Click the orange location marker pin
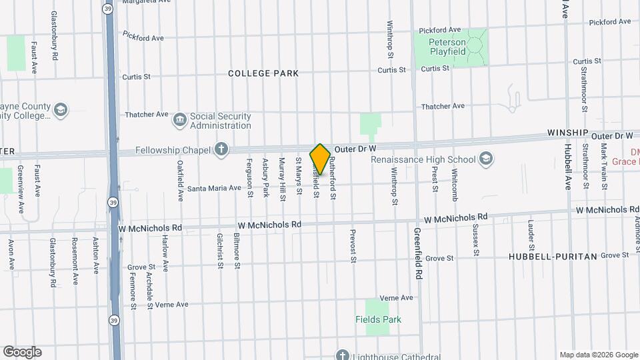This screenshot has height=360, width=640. [x=320, y=159]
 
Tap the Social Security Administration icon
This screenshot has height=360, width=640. [x=179, y=120]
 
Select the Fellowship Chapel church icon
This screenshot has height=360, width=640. [x=221, y=149]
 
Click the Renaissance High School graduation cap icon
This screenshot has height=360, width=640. [x=486, y=159]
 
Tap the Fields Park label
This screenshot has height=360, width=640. [x=378, y=319]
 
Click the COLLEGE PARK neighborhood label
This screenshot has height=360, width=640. [x=263, y=73]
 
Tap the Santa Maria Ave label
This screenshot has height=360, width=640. [x=213, y=188]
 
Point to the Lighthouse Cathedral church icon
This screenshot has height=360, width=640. [x=343, y=355]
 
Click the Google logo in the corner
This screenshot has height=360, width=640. [x=23, y=352]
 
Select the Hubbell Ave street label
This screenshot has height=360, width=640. [x=568, y=166]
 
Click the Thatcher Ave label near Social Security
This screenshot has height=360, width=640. [x=147, y=115]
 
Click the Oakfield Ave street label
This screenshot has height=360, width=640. [x=180, y=181]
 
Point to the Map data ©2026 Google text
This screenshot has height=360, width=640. [x=599, y=355]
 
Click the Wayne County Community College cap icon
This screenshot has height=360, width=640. [x=61, y=110]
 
